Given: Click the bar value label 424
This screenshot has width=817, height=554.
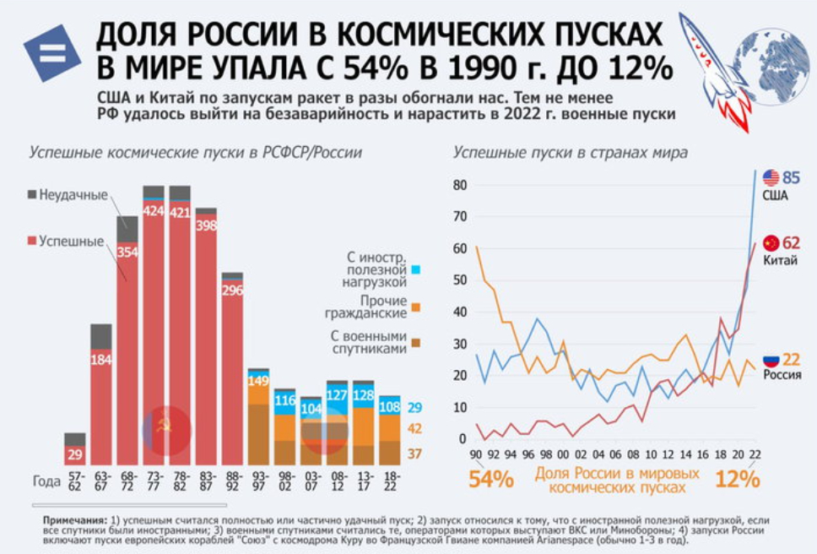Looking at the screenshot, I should point(154,211).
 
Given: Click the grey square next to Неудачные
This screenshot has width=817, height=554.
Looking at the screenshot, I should point(32,194).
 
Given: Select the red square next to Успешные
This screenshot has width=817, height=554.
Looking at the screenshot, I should point(32,242).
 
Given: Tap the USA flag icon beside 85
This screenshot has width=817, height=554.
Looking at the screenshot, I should point(771,177).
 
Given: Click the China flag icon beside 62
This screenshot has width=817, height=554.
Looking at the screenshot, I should point(771,242).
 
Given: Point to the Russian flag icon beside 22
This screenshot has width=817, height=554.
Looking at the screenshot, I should point(771,359).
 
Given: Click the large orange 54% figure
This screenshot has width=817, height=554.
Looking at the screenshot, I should point(490,479).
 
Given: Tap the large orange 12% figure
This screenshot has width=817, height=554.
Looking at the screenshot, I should point(737,479).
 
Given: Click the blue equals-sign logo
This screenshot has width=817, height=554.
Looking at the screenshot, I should point(51,52).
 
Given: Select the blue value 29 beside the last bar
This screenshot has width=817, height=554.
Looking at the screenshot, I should point(414,407).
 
